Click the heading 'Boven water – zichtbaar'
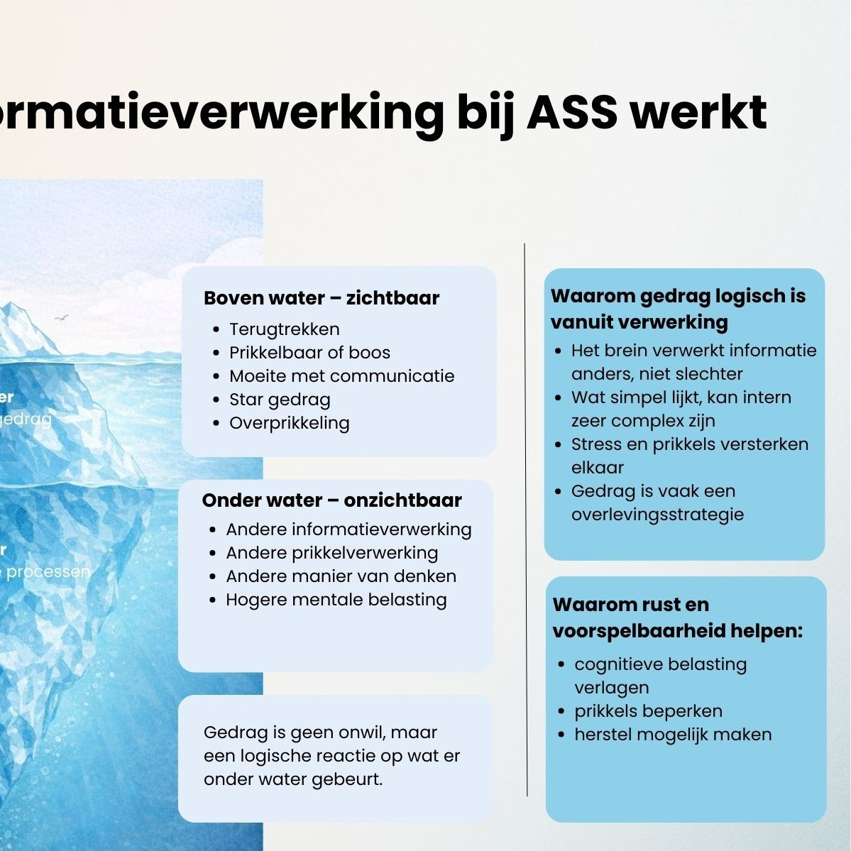322,298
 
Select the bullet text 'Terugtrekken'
284,329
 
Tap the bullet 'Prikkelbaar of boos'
309,353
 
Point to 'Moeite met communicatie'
341,376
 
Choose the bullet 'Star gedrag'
280,400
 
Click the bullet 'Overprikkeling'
289,423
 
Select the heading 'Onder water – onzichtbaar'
331,500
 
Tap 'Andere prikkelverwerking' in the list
331,553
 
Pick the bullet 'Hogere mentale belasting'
336,600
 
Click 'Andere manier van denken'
341,576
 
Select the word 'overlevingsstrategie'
657,515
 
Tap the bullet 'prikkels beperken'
648,711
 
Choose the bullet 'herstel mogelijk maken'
673,735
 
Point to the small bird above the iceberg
62,319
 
